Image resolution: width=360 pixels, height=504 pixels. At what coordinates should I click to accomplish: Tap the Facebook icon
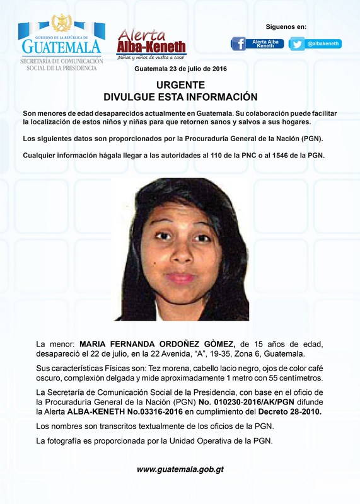(x=238, y=43)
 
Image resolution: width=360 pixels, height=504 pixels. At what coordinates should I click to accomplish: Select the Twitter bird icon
(x=297, y=43)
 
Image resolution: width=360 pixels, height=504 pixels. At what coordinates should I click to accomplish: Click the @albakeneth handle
(x=323, y=43)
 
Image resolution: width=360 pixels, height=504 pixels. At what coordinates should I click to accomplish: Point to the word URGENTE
(x=180, y=85)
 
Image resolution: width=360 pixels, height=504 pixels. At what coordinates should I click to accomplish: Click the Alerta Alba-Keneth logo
(x=151, y=43)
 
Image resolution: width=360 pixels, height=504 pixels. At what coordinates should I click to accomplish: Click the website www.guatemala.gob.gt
(x=180, y=469)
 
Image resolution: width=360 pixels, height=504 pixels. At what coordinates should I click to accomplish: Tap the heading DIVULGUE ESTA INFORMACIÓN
(x=180, y=97)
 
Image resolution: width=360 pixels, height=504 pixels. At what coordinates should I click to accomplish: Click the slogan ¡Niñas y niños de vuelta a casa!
(x=151, y=57)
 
